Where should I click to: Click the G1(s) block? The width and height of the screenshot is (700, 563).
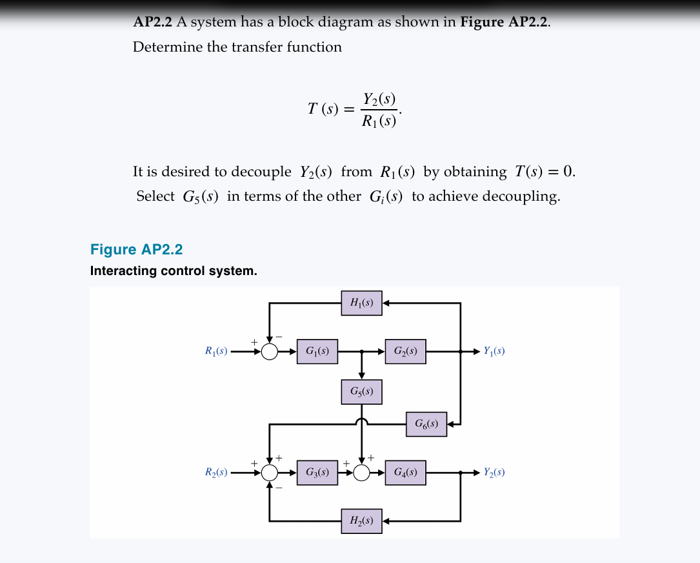pos(317,352)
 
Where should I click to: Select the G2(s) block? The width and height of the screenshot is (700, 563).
pos(405,352)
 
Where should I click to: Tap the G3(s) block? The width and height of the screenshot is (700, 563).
pos(317,473)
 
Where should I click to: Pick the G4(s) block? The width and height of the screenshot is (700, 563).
pos(405,473)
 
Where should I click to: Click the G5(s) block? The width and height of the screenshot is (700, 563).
pos(361,392)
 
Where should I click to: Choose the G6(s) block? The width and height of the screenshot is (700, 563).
pos(426,424)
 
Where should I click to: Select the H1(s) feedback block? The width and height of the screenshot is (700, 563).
pos(361,303)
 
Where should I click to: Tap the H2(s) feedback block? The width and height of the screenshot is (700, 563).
pos(361,520)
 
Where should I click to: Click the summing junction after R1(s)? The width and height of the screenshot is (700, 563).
pos(270,352)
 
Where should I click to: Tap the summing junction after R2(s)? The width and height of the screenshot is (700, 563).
pos(270,473)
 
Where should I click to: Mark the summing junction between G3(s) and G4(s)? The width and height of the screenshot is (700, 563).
pos(361,473)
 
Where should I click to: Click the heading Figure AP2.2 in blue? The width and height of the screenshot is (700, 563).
pos(137,250)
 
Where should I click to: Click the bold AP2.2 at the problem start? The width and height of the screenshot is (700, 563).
pos(152,23)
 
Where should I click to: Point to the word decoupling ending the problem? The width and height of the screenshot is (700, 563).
pos(521,196)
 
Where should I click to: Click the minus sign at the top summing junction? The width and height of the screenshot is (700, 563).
pos(279,336)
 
